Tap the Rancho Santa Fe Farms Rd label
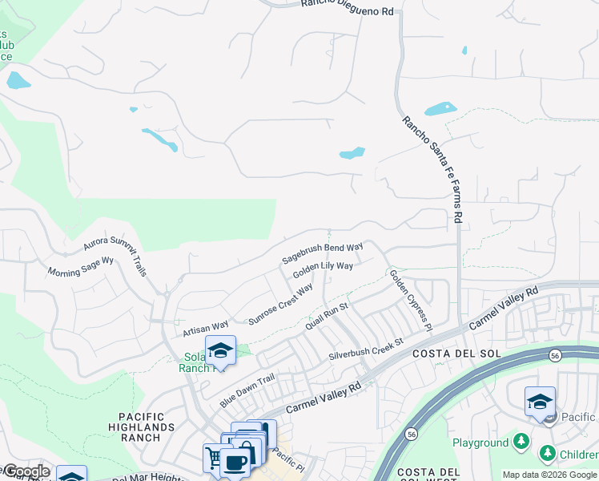432,169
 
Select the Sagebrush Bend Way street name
323,253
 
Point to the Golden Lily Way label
323,270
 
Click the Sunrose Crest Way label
280,305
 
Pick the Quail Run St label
327,317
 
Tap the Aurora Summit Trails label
117,249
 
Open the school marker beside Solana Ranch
220,350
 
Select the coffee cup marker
235,463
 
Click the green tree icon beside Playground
521,442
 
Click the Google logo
26,471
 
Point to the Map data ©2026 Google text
549,475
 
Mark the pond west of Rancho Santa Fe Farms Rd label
352,152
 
